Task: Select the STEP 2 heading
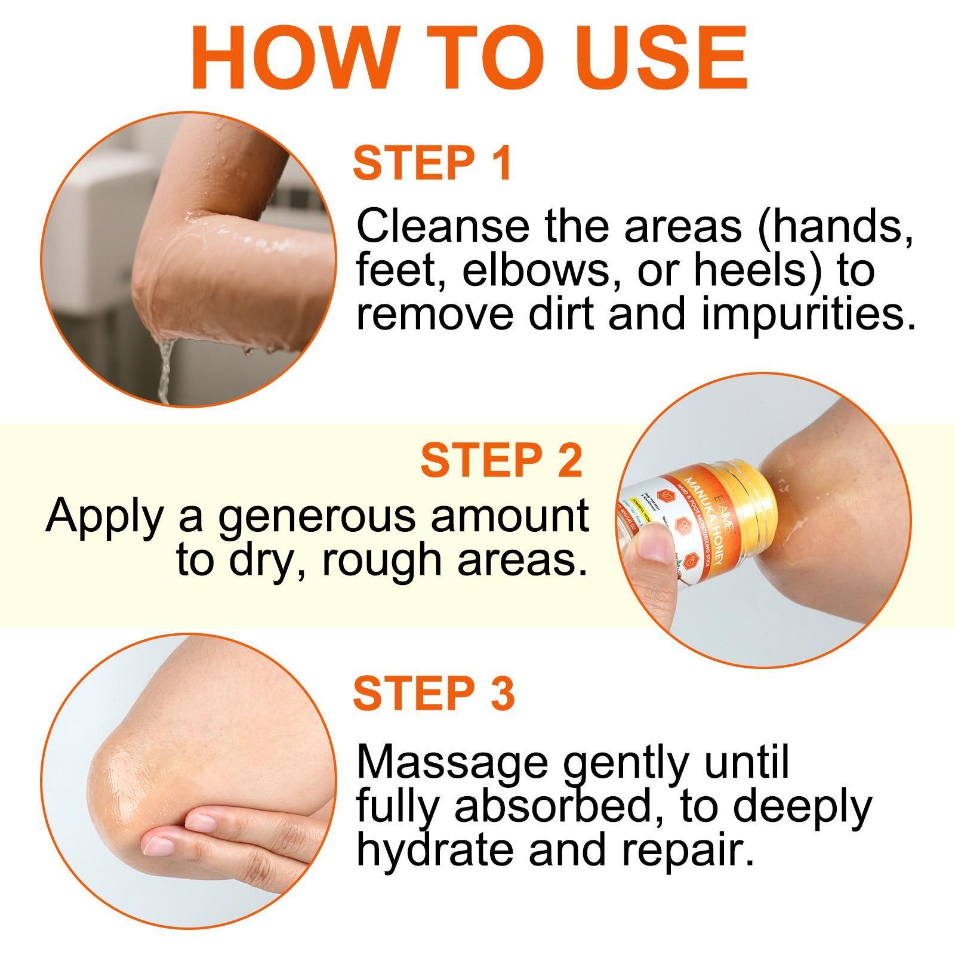tap(501, 460)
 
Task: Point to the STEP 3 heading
tap(433, 693)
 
